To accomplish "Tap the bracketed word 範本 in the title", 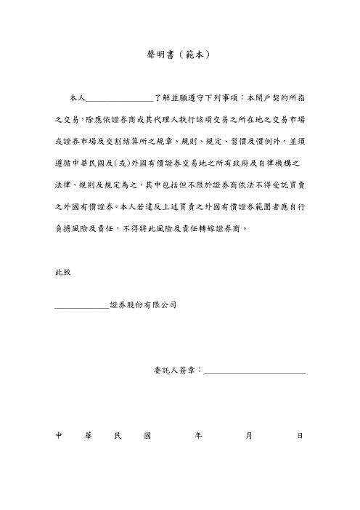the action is click(197, 54).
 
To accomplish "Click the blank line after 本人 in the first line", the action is click(120, 97).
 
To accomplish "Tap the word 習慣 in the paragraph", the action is click(245, 138).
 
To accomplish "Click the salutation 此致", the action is click(64, 273).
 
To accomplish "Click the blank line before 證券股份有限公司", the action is click(81, 307).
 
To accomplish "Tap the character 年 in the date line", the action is click(197, 437).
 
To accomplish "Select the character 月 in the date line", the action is click(249, 437).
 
